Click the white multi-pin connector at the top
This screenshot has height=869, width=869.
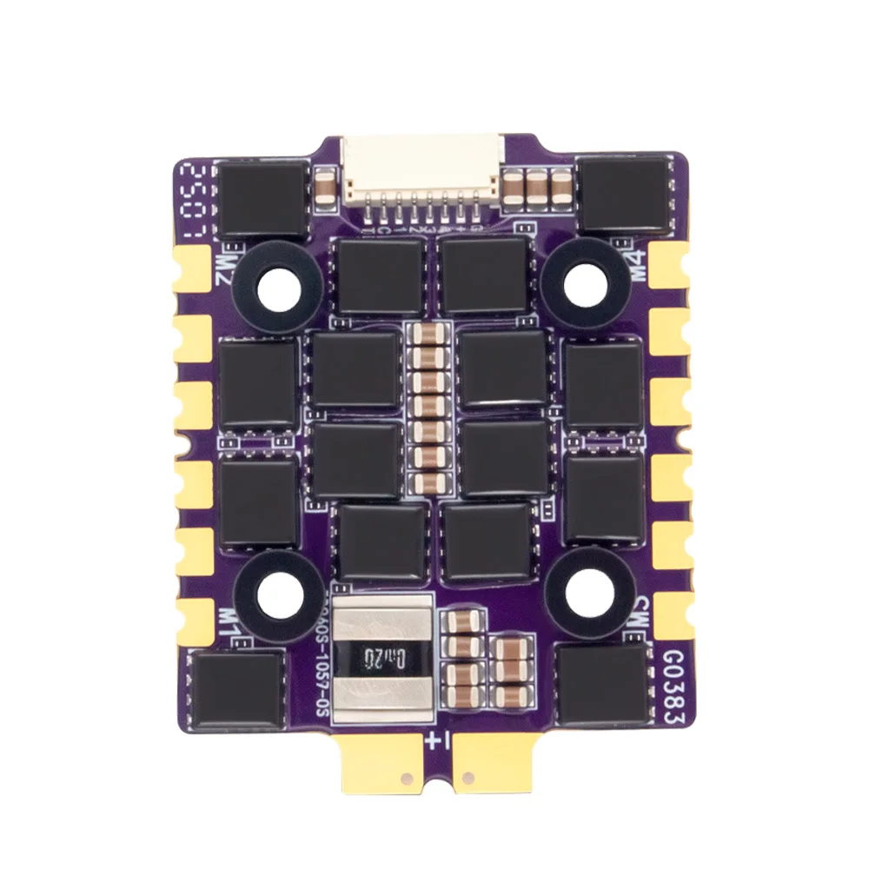click(422, 173)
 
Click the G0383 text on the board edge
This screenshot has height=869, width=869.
click(673, 687)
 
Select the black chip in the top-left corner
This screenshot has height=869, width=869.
click(262, 198)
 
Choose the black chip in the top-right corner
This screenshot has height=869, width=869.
click(626, 195)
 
